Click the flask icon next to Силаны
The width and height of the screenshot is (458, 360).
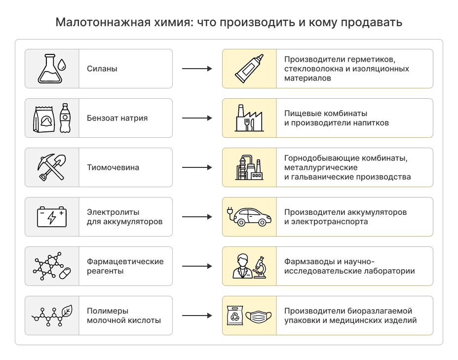click(48, 69)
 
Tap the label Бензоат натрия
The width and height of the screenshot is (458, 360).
click(117, 118)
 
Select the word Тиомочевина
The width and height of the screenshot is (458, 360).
click(113, 167)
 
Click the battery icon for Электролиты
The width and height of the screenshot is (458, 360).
click(52, 217)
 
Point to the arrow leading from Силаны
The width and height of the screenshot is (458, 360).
click(197, 69)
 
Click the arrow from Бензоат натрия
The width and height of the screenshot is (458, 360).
click(197, 118)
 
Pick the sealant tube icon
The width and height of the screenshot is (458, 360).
click(249, 69)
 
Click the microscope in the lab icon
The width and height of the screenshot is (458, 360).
click(260, 267)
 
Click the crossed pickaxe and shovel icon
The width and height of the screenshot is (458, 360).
click(51, 167)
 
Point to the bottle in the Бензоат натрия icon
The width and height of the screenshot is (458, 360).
click(65, 118)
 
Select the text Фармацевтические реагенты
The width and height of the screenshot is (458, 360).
click(125, 266)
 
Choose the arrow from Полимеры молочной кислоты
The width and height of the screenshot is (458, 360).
click(197, 316)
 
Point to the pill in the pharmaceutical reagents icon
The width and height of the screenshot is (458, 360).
click(65, 273)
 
